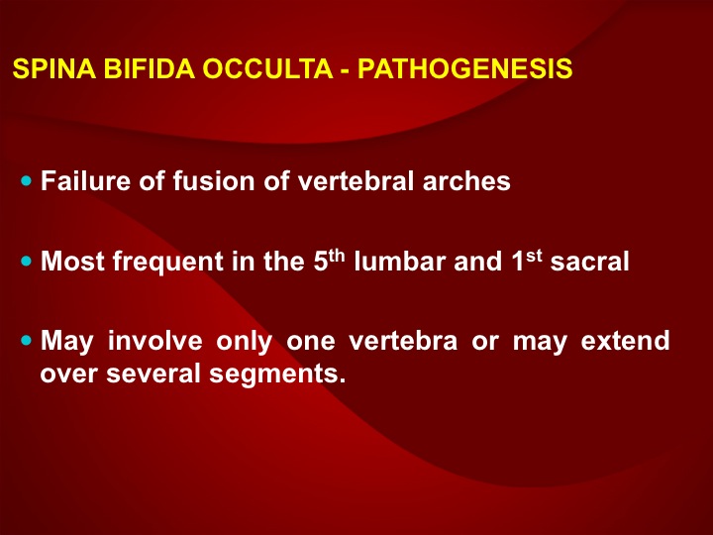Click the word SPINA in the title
point(54,68)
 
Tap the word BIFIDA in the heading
point(150,68)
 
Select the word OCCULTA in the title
point(267,68)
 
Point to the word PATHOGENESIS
point(464,68)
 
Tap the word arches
point(466,181)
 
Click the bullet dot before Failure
point(27,181)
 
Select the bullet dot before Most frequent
point(27,262)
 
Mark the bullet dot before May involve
point(27,340)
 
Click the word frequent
point(168,263)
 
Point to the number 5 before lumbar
point(321,262)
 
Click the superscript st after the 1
point(534,256)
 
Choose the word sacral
point(589,261)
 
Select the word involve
point(155,340)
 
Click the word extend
point(625,340)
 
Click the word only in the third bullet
point(245,342)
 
